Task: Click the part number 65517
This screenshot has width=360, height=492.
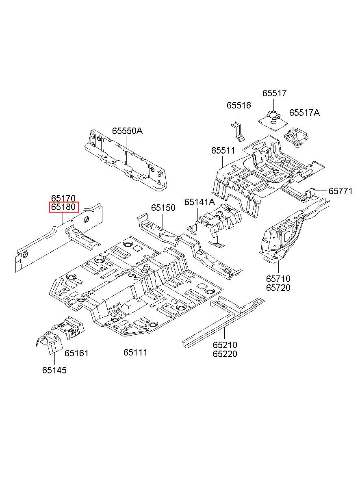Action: [x=274, y=93]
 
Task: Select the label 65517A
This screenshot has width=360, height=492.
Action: [x=304, y=113]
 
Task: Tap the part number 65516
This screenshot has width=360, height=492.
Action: [x=239, y=106]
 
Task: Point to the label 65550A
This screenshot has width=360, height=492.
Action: [x=128, y=131]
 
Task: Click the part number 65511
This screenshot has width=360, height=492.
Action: [x=223, y=151]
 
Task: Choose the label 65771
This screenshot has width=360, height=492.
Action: [x=340, y=191]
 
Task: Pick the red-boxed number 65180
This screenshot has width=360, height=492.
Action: [x=63, y=207]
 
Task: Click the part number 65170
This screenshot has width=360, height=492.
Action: [x=63, y=198]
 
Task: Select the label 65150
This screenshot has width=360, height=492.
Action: [x=163, y=208]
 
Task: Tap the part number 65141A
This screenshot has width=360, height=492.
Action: [x=200, y=202]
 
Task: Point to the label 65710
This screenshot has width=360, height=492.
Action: [x=278, y=279]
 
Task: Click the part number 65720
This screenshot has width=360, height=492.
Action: [x=278, y=288]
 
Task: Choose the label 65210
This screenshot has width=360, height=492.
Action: [x=225, y=345]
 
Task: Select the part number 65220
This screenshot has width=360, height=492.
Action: [x=225, y=354]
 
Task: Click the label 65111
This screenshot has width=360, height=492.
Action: [x=135, y=353]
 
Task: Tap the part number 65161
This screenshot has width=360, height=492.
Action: [x=76, y=353]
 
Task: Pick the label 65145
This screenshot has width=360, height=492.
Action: [x=54, y=370]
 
